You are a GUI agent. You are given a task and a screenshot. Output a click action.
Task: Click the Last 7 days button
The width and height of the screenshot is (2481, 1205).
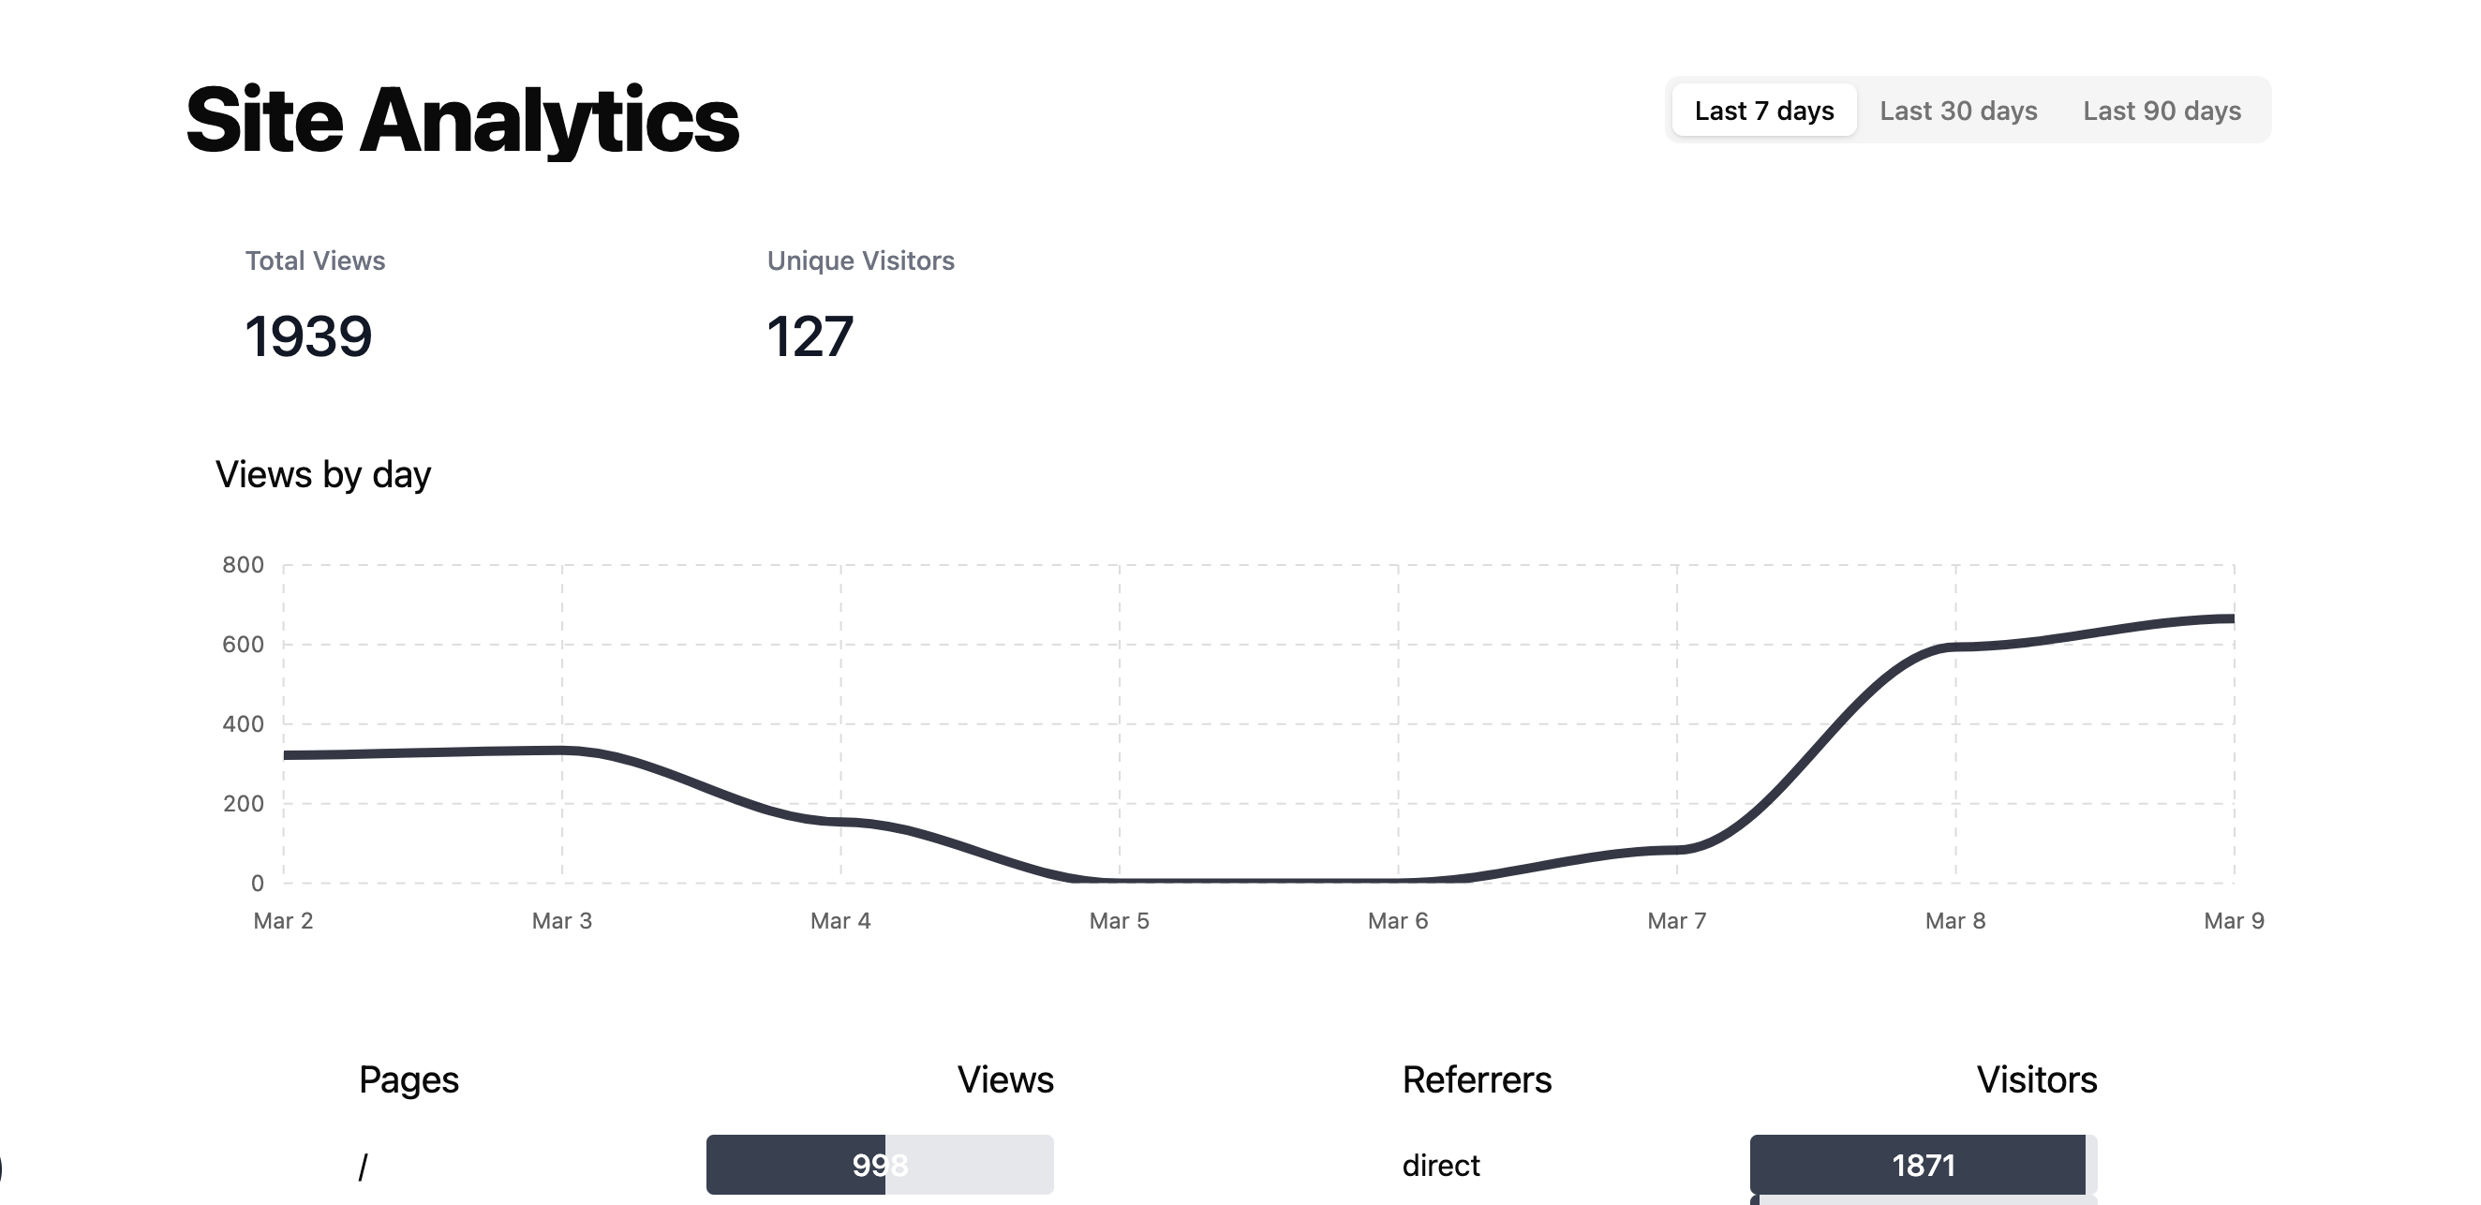[x=1763, y=111]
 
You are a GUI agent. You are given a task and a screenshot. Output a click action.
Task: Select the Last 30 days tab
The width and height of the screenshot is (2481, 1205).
[x=1958, y=111]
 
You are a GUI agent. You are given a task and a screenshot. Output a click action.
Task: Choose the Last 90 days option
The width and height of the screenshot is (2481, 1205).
[x=2162, y=111]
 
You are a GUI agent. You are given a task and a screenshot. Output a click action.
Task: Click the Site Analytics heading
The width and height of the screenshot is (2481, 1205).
[x=462, y=120]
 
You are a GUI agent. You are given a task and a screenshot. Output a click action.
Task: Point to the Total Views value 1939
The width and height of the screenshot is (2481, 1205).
[x=308, y=336]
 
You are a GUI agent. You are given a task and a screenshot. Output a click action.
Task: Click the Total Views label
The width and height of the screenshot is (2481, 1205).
[x=315, y=261]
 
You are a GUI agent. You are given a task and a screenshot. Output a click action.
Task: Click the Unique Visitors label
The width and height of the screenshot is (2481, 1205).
[x=860, y=261]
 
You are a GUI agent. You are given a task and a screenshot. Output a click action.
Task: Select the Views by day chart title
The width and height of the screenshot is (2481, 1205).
[x=322, y=475]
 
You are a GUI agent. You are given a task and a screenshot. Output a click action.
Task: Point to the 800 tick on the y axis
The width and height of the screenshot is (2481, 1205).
[x=243, y=564]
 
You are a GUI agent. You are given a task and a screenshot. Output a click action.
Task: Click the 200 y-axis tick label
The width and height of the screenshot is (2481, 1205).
[x=243, y=803]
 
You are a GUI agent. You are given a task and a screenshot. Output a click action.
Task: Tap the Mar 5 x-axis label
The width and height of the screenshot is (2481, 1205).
[x=1119, y=921]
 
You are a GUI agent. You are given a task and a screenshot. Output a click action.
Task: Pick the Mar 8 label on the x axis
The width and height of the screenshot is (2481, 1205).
[x=1955, y=921]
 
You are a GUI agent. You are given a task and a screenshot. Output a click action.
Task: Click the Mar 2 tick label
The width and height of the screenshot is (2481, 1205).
[x=283, y=921]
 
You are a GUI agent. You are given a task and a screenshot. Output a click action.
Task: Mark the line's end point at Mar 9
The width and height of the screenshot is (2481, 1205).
[x=2233, y=619]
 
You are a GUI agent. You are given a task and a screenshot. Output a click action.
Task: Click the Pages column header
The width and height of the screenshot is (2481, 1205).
[x=409, y=1079]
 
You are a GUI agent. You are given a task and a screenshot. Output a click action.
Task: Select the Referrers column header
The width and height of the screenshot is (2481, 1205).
[x=1477, y=1079]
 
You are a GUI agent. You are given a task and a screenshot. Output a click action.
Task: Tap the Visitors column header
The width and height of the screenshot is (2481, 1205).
[x=2037, y=1079]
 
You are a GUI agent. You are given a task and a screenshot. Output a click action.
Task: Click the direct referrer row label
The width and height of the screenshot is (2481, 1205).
[x=1441, y=1166]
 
